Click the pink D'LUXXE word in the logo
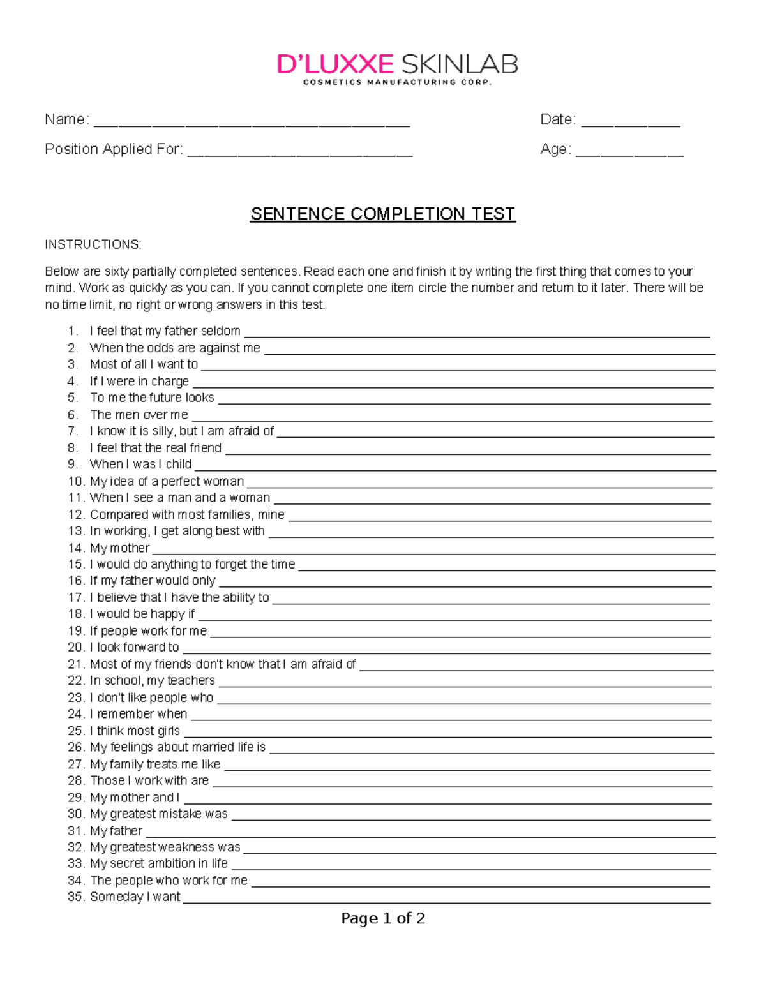click(x=335, y=64)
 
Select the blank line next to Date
click(x=630, y=124)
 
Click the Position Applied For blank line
click(x=300, y=154)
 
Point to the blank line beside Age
click(x=629, y=154)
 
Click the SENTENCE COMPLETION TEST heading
click(x=382, y=214)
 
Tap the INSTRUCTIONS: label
click(x=93, y=244)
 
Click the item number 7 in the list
click(x=73, y=431)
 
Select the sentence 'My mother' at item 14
click(x=119, y=548)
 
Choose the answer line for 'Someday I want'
click(x=447, y=902)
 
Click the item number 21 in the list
click(x=76, y=664)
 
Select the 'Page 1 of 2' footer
click(x=383, y=918)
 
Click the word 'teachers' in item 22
click(x=191, y=681)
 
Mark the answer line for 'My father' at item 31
click(x=430, y=835)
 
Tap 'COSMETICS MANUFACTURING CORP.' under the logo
click(x=397, y=82)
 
